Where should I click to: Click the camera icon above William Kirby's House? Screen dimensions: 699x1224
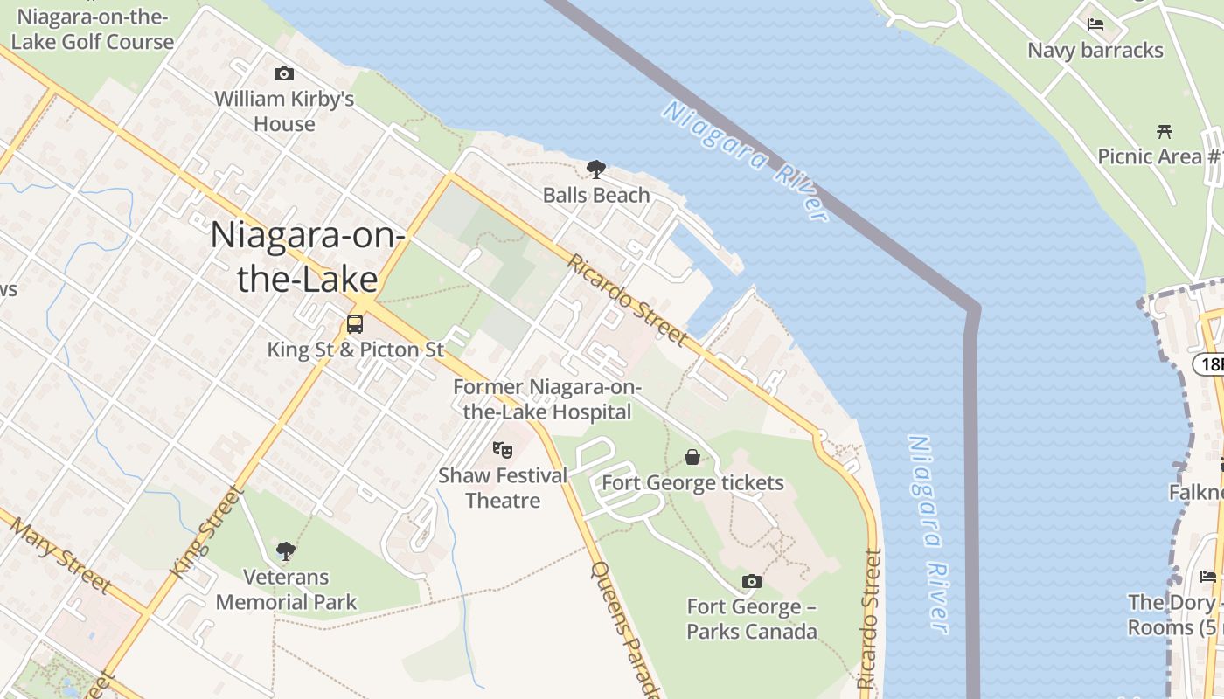click(x=283, y=74)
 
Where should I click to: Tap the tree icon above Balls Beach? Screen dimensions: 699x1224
click(x=596, y=169)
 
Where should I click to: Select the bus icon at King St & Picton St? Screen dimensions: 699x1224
click(x=355, y=324)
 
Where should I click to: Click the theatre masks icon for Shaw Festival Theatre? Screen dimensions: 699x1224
click(x=502, y=450)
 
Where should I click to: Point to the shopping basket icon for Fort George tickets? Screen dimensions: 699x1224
click(x=692, y=457)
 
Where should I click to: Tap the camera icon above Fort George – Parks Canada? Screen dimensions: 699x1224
click(x=751, y=581)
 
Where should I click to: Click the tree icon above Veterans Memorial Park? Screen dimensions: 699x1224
click(x=285, y=550)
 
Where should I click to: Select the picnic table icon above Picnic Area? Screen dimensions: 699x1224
click(x=1164, y=132)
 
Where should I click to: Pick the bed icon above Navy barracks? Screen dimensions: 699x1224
click(x=1095, y=24)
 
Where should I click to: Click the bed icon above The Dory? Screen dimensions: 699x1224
click(x=1208, y=576)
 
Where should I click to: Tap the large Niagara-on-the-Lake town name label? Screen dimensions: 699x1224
click(x=306, y=256)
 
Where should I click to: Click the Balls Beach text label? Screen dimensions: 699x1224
click(x=596, y=195)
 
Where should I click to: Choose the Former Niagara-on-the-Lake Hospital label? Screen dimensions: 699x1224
click(x=547, y=399)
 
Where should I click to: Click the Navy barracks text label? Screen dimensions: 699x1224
click(x=1095, y=50)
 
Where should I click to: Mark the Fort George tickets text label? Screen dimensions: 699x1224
click(x=692, y=482)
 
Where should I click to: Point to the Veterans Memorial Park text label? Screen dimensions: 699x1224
click(x=286, y=590)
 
